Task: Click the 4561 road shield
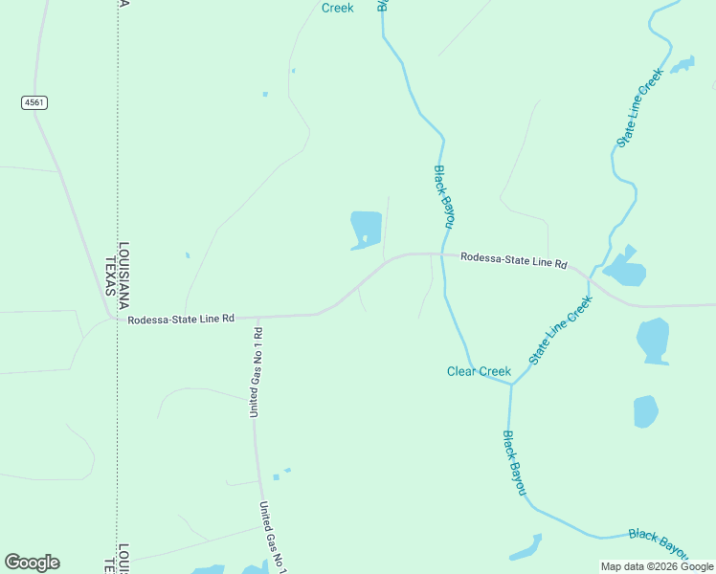pos(34,102)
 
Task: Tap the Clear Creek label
pos(479,371)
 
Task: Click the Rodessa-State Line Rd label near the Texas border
pos(181,320)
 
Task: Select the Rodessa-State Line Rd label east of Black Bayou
pos(513,260)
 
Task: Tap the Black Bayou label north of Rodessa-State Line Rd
pos(442,197)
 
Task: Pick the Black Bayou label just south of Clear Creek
pos(515,462)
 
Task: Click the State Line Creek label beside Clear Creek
pos(561,329)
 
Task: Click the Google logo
pos(32,563)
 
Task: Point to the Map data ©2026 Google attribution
pos(657,566)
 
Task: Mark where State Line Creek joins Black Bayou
pos(511,385)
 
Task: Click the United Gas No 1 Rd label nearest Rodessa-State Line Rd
pos(256,371)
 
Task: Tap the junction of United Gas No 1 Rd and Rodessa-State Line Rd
pos(257,316)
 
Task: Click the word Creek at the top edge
pos(337,8)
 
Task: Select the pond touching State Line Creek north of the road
pos(624,269)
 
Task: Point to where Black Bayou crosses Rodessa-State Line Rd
pos(441,254)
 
